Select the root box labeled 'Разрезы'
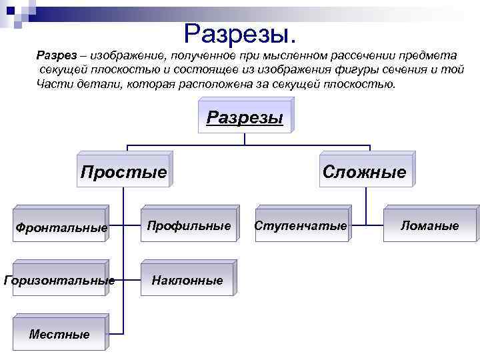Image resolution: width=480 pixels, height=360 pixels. pyautogui.click(x=245, y=117)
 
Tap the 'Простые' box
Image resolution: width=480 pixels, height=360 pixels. pyautogui.click(x=123, y=172)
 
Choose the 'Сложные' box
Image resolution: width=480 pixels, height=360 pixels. pyautogui.click(x=364, y=172)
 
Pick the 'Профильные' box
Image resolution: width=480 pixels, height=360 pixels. pyautogui.click(x=189, y=226)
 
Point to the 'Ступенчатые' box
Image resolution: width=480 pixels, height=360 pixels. pyautogui.click(x=301, y=226)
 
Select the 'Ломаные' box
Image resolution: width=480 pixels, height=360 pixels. pyautogui.click(x=430, y=226)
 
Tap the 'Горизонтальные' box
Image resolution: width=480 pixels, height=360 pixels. pyautogui.click(x=59, y=281)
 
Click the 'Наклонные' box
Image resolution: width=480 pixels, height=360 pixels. pyautogui.click(x=187, y=281)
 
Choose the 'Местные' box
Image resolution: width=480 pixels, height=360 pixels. pyautogui.click(x=59, y=334)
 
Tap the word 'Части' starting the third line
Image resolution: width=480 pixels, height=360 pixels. pyautogui.click(x=52, y=85)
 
